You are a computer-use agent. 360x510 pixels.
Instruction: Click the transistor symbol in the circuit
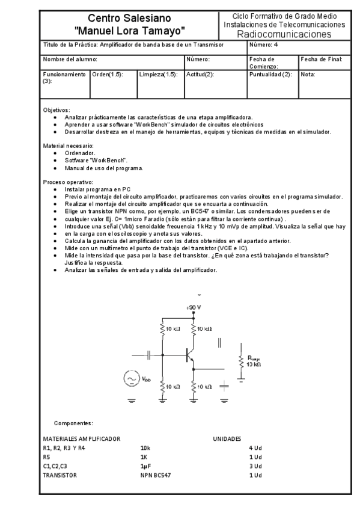tap(191, 355)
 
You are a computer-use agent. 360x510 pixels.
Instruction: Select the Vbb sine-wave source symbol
tap(131, 378)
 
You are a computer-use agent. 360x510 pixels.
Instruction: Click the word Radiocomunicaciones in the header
tap(284, 34)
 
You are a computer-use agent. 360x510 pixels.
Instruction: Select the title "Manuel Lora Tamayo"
tap(129, 29)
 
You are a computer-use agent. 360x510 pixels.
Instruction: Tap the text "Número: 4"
tap(263, 45)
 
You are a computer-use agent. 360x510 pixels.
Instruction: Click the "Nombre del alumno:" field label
tap(70, 60)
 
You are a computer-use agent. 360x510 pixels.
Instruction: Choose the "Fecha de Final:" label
tap(322, 60)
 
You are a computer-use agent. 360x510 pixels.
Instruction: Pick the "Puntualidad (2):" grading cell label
tap(271, 75)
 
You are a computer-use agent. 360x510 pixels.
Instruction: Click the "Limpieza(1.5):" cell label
tap(158, 75)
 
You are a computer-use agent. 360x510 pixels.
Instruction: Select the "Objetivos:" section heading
tap(56, 110)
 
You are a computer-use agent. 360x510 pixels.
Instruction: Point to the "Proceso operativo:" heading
tap(68, 182)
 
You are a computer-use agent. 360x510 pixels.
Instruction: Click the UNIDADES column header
tap(227, 439)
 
